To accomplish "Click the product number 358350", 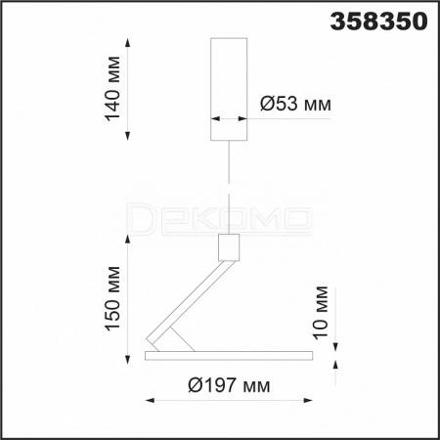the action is pos(378,22).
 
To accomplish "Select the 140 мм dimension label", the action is pos(112,89).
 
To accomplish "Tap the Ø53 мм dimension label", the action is pos(295,104).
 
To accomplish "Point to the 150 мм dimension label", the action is pos(112,298).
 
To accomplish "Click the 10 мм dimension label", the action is pos(320,312).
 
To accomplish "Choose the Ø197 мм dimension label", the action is pos(229,385).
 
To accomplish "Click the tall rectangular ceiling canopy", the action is pos(229,89).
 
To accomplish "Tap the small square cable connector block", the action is pos(229,247).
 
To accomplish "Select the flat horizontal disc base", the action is pos(229,356).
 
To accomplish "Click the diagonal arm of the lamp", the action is pos(191,306).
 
